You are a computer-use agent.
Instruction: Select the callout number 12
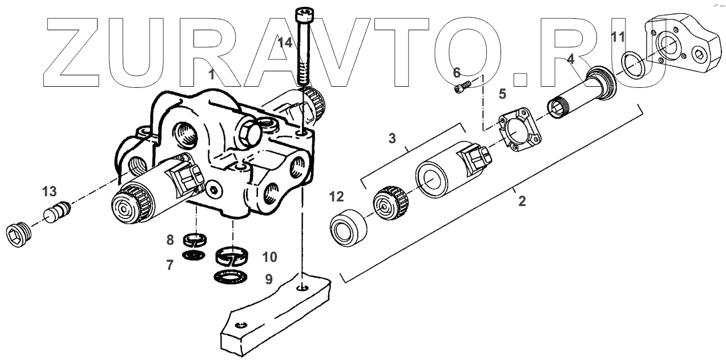337,197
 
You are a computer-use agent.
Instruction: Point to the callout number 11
618,38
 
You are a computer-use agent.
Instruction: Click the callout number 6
457,72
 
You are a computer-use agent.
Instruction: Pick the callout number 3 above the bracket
392,138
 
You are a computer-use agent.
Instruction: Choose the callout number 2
521,202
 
